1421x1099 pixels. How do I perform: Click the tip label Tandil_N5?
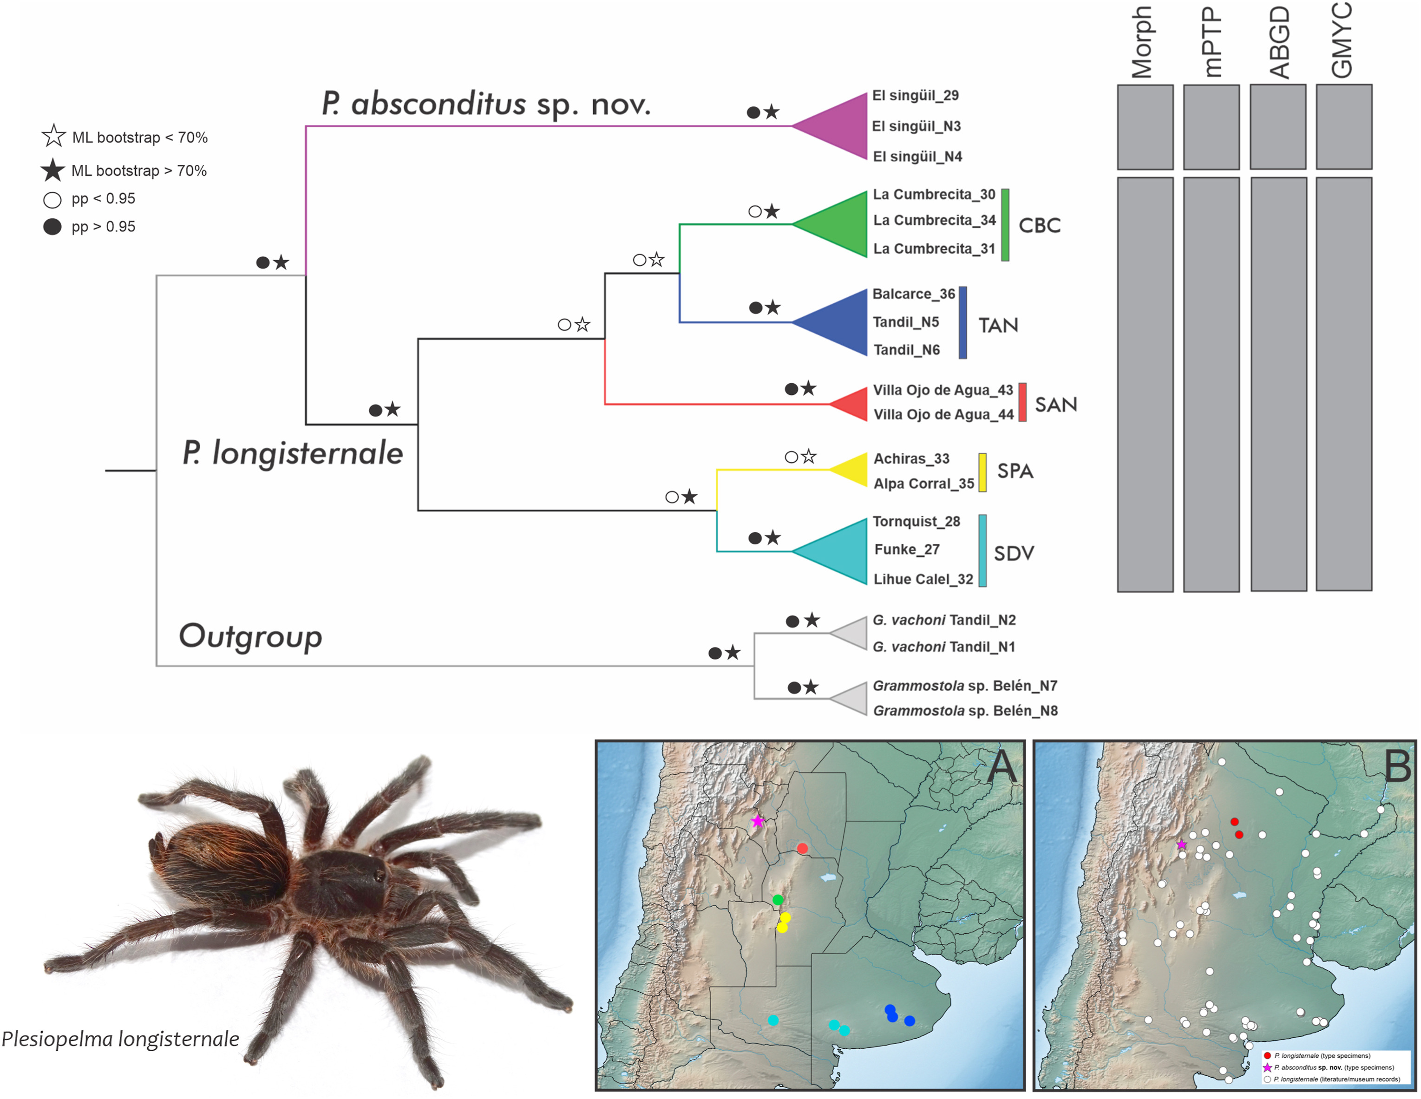pyautogui.click(x=906, y=322)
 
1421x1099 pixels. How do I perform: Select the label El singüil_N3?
pyautogui.click(x=916, y=126)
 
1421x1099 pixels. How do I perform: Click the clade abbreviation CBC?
pyautogui.click(x=1039, y=226)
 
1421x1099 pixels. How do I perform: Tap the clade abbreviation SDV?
pyautogui.click(x=1014, y=554)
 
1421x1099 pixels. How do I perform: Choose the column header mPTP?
pyautogui.click(x=1211, y=42)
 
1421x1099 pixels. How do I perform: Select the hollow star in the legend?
pyautogui.click(x=53, y=137)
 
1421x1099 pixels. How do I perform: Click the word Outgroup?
pyautogui.click(x=250, y=636)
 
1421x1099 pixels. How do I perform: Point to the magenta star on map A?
pyautogui.click(x=757, y=821)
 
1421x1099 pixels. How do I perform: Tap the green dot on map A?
pyautogui.click(x=778, y=900)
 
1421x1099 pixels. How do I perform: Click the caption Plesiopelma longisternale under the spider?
pyautogui.click(x=120, y=1039)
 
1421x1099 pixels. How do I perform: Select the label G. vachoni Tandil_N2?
pyautogui.click(x=943, y=620)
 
